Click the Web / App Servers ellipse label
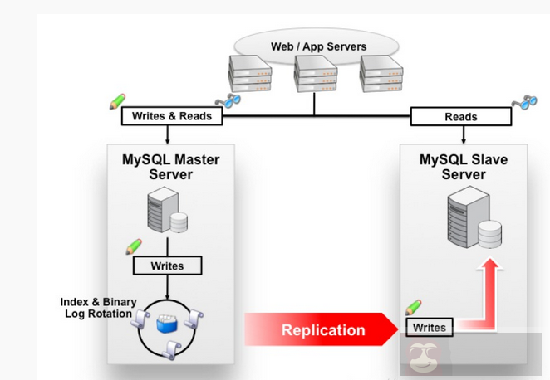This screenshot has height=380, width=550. [x=318, y=46]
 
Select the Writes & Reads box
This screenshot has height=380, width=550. [x=172, y=116]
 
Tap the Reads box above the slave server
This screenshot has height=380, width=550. [x=460, y=117]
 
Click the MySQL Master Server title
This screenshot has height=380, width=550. [x=170, y=167]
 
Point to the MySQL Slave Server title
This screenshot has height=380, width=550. [x=463, y=167]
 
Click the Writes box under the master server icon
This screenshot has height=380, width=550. [x=168, y=266]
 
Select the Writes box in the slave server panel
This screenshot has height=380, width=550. [x=430, y=327]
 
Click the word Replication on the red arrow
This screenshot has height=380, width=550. [x=323, y=330]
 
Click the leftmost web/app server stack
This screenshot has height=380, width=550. [x=252, y=72]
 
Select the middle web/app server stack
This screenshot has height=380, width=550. [x=316, y=73]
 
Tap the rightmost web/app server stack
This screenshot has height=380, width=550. [x=381, y=72]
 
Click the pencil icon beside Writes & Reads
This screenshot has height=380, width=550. [x=117, y=101]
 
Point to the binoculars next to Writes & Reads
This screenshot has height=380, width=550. [x=227, y=101]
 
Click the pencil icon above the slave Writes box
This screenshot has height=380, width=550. [x=413, y=307]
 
